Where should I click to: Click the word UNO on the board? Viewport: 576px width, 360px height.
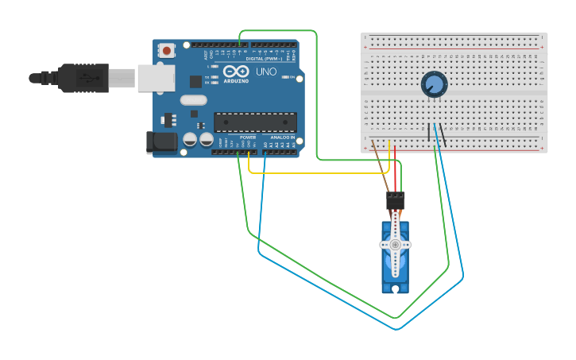pos(267,72)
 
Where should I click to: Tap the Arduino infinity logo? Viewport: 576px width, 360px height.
pos(236,72)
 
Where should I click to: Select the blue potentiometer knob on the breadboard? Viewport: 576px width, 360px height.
pos(434,83)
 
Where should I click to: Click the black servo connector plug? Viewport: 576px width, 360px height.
pos(395,200)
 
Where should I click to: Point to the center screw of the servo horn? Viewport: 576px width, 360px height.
pos(395,245)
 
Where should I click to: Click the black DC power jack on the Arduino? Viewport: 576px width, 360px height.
pos(161,142)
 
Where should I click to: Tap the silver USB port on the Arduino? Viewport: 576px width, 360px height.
pos(156,78)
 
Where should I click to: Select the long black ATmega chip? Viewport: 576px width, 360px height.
pos(255,122)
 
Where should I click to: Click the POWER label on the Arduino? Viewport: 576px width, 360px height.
pos(248,137)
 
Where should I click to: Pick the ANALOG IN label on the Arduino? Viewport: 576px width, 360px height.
pos(282,137)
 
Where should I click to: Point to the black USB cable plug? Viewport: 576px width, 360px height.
pos(83,78)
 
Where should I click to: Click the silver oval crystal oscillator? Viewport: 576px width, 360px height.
pos(193,100)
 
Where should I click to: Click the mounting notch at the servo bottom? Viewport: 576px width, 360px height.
pos(395,288)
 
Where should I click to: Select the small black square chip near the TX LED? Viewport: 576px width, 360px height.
pos(195,81)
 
